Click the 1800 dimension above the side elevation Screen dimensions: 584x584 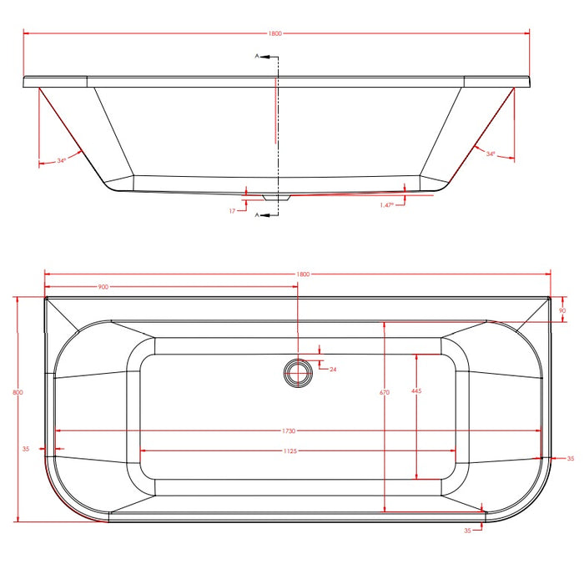pos(274,33)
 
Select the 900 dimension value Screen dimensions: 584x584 pos(103,287)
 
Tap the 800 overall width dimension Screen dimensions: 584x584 pos(18,392)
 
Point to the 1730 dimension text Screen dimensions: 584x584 pos(289,431)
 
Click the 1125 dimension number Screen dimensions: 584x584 pos(290,451)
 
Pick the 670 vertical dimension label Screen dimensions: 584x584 pos(385,392)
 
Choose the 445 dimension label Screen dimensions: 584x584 pos(416,390)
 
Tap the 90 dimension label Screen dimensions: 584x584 pos(562,310)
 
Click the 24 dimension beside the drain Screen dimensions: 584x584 pos(333,370)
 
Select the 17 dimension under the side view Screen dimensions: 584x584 pos(232,211)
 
